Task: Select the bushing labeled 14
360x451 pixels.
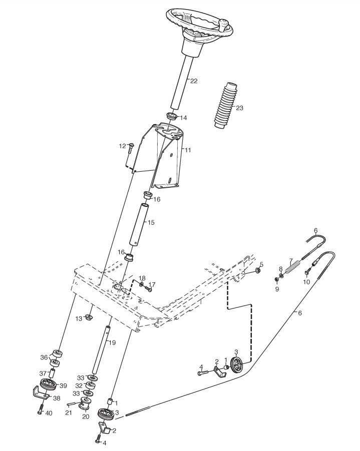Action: point(172,117)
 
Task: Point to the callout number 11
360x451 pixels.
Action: point(187,150)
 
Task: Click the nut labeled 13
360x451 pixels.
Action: point(88,317)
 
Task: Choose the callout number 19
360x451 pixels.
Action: point(112,343)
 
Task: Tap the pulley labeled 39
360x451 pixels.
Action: point(49,386)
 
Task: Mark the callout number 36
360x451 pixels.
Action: point(44,357)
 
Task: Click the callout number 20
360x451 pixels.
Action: point(86,416)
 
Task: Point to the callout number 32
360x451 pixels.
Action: point(79,385)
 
